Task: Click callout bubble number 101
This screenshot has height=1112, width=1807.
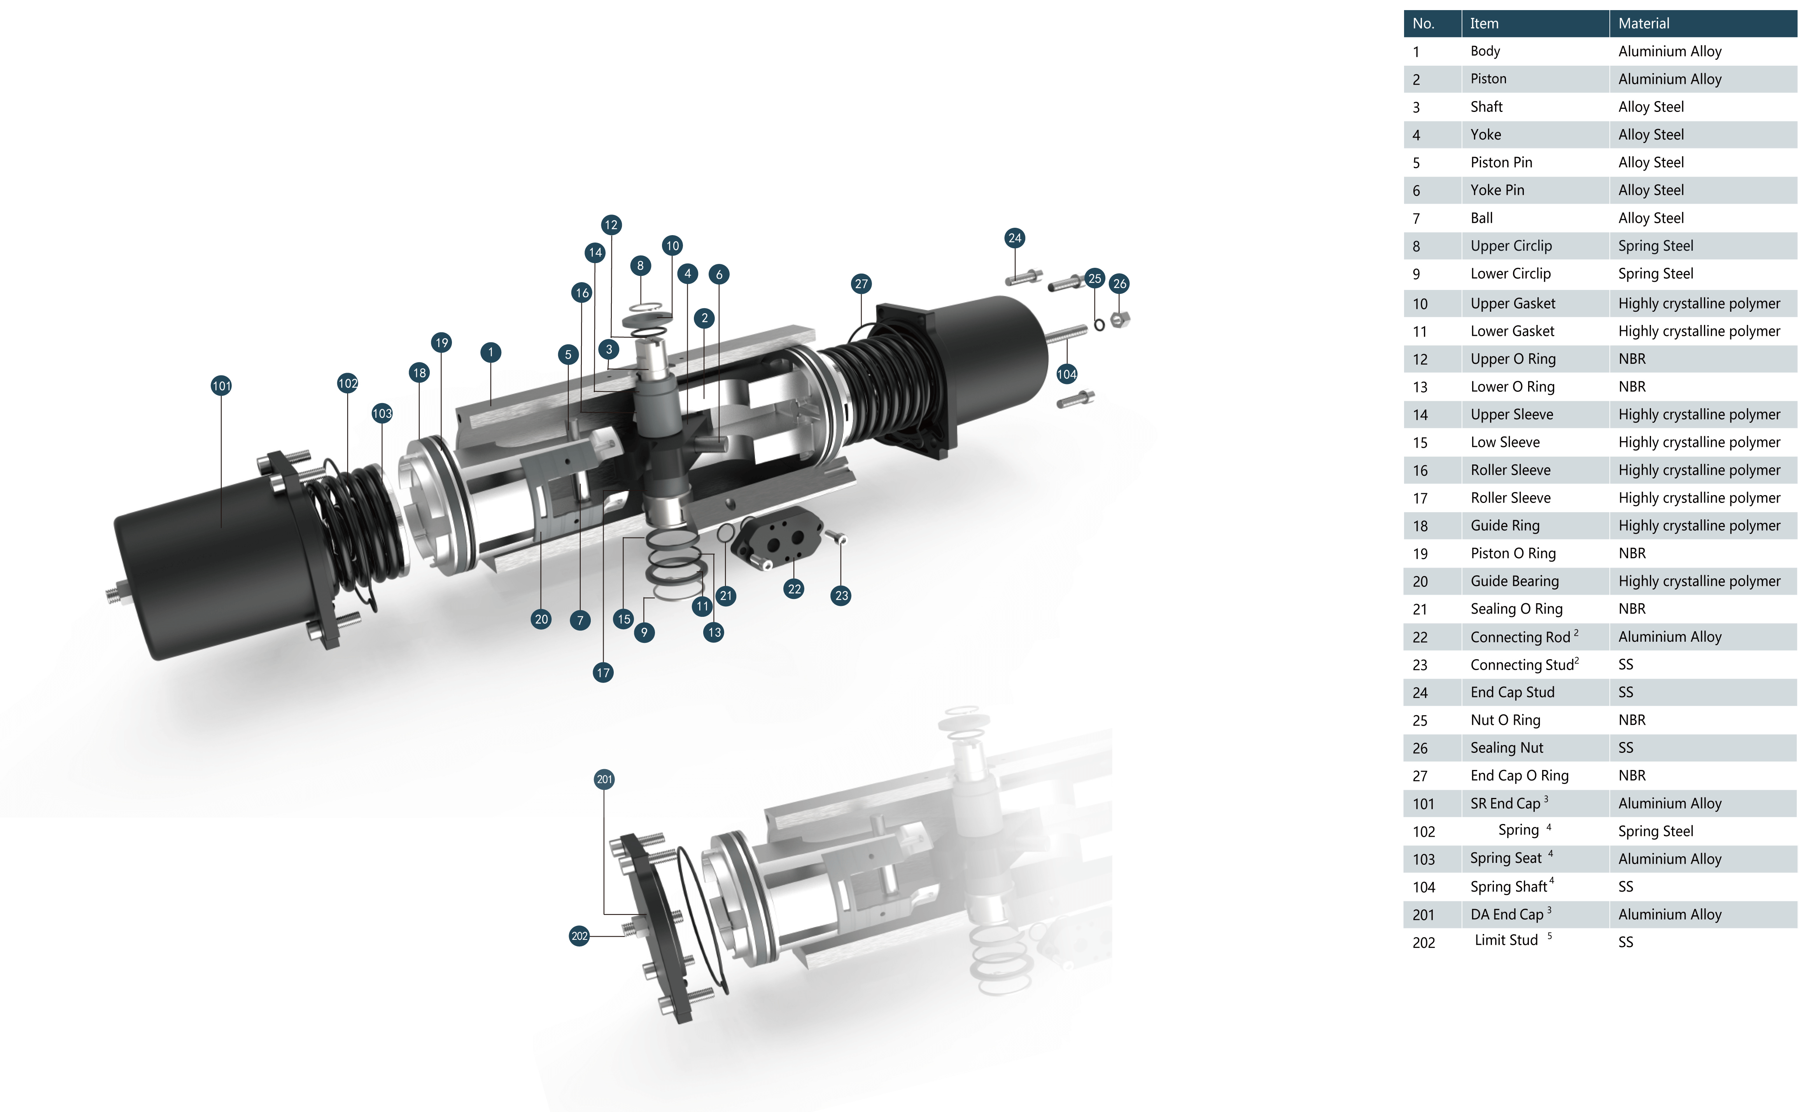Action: click(221, 386)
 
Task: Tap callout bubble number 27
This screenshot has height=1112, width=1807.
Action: click(861, 284)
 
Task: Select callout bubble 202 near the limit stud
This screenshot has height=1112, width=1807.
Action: click(580, 936)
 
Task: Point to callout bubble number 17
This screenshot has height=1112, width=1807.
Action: click(603, 672)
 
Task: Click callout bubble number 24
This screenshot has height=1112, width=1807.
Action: click(1016, 237)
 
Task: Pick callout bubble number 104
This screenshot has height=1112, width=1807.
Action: click(1067, 374)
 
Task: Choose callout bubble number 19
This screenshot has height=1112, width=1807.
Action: click(441, 342)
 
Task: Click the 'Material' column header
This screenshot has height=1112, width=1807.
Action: click(1644, 24)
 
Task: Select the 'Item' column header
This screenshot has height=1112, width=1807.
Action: click(1484, 24)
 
